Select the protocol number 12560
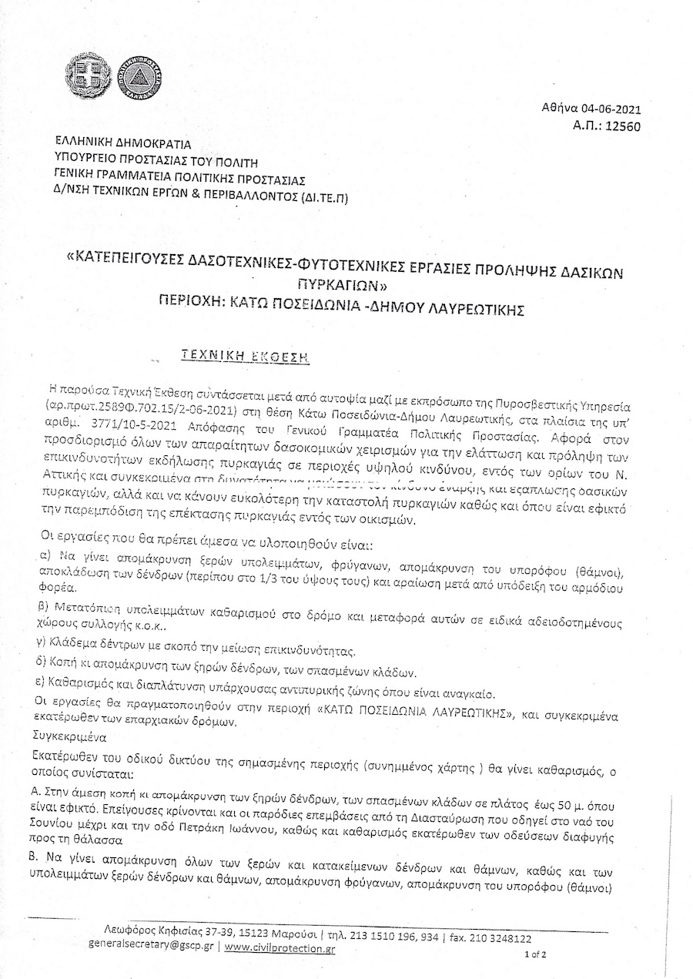(619, 126)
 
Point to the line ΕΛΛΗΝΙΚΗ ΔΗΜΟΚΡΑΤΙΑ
(122, 143)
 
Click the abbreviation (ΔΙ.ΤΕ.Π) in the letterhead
(323, 197)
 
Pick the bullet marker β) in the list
(46, 606)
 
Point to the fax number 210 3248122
(497, 938)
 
